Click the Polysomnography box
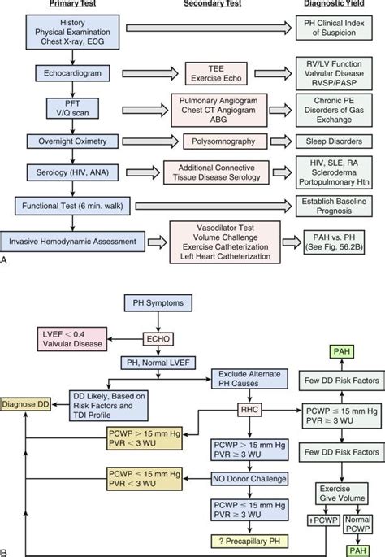pyautogui.click(x=223, y=140)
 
